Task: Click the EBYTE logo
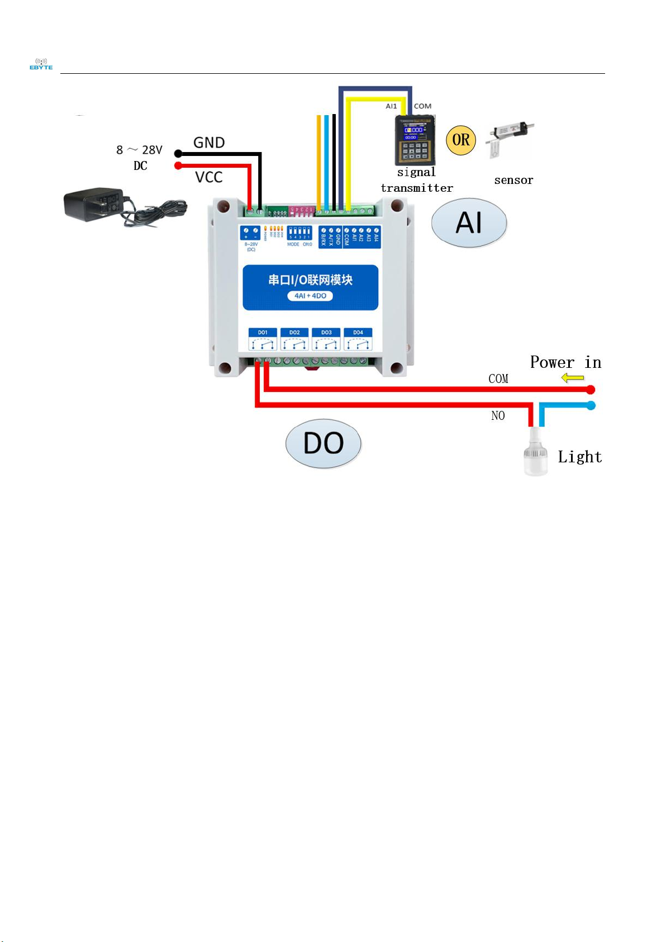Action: coord(41,64)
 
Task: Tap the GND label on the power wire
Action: coord(209,143)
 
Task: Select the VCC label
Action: coord(209,177)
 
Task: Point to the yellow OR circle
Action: coord(461,140)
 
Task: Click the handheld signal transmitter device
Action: coord(415,140)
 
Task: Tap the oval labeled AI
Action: coord(469,223)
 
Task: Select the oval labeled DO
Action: coord(324,443)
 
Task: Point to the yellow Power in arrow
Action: coord(573,378)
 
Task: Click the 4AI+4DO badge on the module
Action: coord(310,296)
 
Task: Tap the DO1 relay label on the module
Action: coord(263,333)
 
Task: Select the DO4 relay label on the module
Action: coord(358,333)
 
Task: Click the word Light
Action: coord(580,457)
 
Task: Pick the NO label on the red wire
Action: coord(498,416)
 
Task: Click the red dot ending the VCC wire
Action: coord(178,165)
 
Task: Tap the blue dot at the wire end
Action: coord(591,405)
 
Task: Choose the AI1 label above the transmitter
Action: coord(391,106)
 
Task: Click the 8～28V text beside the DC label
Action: coord(139,150)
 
